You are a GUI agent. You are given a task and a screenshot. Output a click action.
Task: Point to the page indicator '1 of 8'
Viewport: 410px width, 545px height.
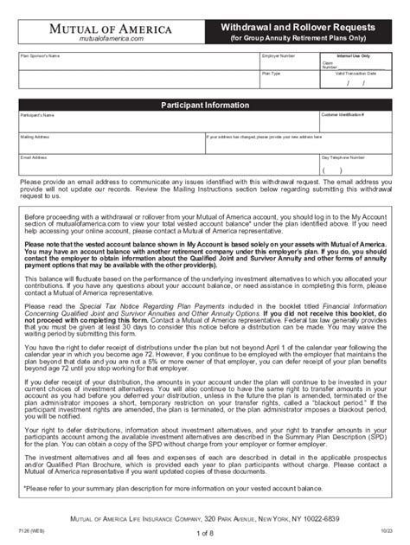(x=204, y=533)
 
